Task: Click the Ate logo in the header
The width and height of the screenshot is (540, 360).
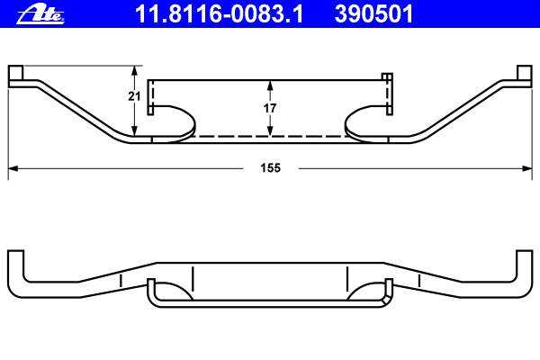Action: tap(40, 14)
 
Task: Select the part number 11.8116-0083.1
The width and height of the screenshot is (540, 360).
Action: tap(220, 14)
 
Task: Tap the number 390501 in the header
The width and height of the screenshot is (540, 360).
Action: tap(373, 14)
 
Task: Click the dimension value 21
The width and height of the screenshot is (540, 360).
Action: tap(134, 96)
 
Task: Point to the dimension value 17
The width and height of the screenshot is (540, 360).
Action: tap(270, 108)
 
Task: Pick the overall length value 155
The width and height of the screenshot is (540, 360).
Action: tap(271, 168)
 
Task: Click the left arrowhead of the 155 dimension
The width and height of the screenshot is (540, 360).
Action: tap(13, 169)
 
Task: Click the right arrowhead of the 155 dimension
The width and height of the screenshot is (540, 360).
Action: tap(527, 169)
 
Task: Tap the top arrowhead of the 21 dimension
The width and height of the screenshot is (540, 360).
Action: tap(135, 70)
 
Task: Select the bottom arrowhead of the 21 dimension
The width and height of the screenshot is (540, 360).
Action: tap(135, 130)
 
